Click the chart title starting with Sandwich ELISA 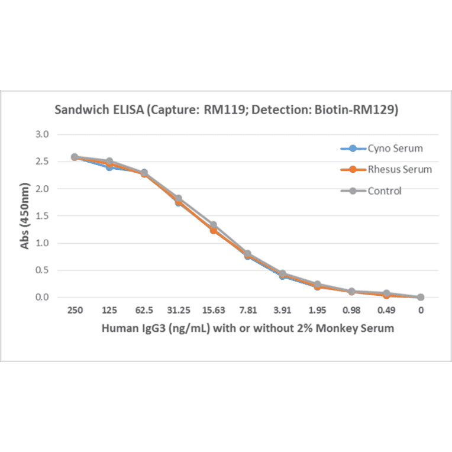click(225, 109)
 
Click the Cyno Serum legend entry click(395, 148)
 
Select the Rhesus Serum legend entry click(399, 169)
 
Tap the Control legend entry click(384, 191)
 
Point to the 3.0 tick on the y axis click(41, 134)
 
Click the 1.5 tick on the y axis click(41, 216)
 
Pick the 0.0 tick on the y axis click(41, 297)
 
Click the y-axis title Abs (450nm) click(24, 216)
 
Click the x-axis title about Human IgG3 click(247, 328)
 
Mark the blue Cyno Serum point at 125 click(109, 167)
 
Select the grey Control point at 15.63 click(213, 225)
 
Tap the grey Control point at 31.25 click(179, 198)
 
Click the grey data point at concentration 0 click(420, 297)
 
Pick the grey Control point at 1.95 click(317, 284)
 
